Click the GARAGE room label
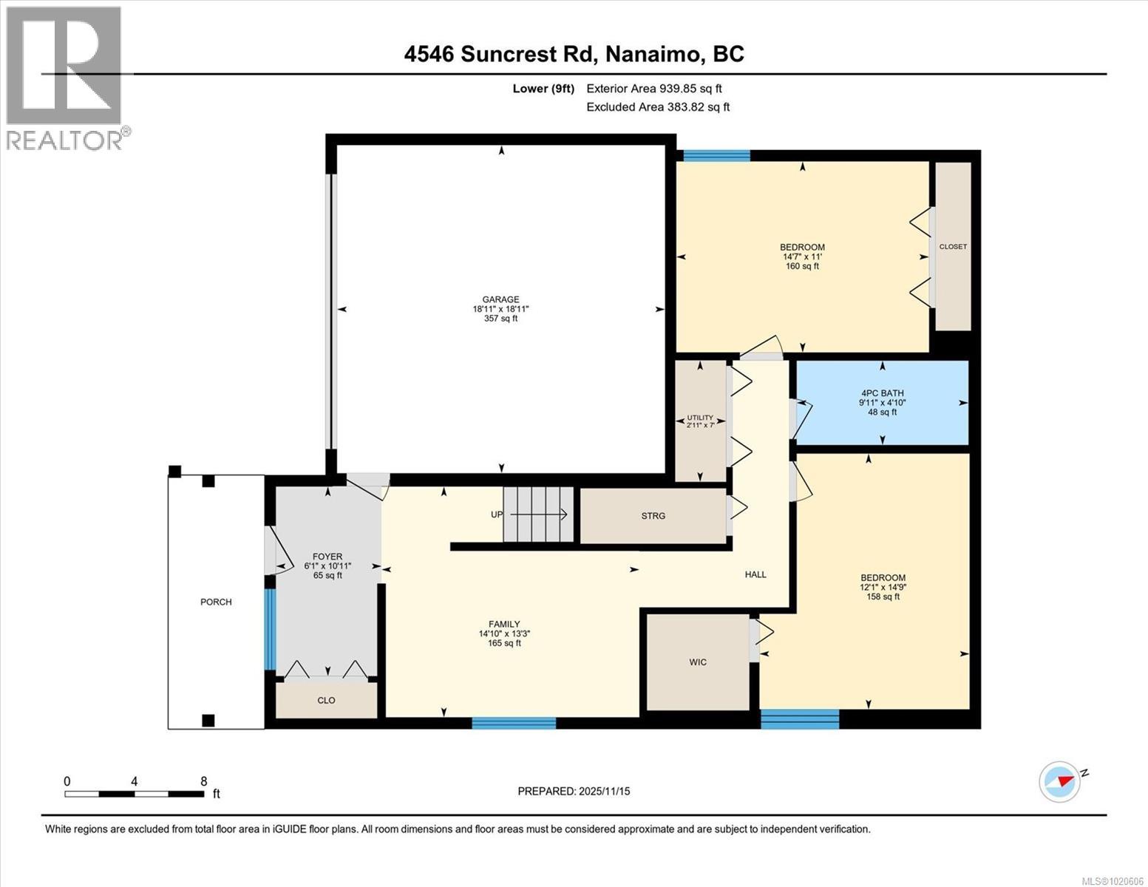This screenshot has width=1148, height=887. pyautogui.click(x=500, y=299)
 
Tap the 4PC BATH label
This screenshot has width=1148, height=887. pyautogui.click(x=883, y=393)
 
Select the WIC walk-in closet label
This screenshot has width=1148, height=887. pyautogui.click(x=698, y=662)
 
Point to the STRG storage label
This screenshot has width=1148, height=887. pyautogui.click(x=653, y=516)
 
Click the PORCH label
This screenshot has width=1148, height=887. pyautogui.click(x=216, y=602)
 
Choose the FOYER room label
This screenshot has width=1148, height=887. pyautogui.click(x=327, y=557)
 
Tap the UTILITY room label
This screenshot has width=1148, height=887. pyautogui.click(x=700, y=418)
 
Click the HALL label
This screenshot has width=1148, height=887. pyautogui.click(x=755, y=574)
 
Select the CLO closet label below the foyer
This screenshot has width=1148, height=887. pyautogui.click(x=326, y=700)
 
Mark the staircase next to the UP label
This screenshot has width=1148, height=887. pyautogui.click(x=538, y=514)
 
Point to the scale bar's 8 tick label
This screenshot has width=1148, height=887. pyautogui.click(x=204, y=781)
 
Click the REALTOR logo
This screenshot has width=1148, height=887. pyautogui.click(x=66, y=78)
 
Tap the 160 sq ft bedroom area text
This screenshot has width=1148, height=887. pyautogui.click(x=802, y=266)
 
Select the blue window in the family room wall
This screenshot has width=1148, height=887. pyautogui.click(x=514, y=723)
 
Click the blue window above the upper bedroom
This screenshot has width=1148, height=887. pyautogui.click(x=717, y=155)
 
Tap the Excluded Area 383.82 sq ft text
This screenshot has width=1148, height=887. pyautogui.click(x=658, y=106)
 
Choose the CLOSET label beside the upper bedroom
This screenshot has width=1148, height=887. pyautogui.click(x=953, y=247)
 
